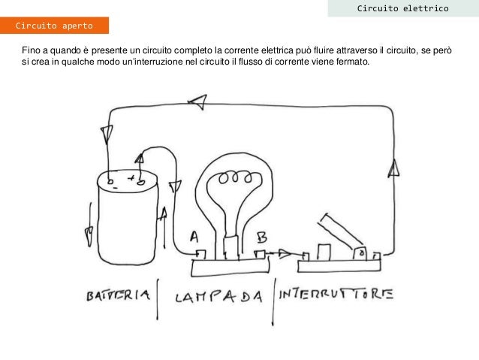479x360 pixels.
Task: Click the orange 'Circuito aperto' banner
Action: pyautogui.click(x=54, y=26)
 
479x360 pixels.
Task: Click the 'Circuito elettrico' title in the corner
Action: pyautogui.click(x=403, y=8)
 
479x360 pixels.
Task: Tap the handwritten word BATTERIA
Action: pyautogui.click(x=118, y=295)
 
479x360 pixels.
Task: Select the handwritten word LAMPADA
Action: pyautogui.click(x=218, y=297)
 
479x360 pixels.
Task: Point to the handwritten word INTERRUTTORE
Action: pyautogui.click(x=336, y=294)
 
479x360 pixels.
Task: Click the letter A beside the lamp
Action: pyautogui.click(x=194, y=237)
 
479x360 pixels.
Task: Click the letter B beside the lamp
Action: pyautogui.click(x=262, y=237)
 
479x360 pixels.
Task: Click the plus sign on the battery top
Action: pyautogui.click(x=131, y=177)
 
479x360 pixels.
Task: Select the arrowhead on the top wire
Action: pyautogui.click(x=197, y=102)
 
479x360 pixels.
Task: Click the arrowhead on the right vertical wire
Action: pyautogui.click(x=393, y=168)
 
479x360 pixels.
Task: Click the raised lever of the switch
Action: pyautogui.click(x=339, y=229)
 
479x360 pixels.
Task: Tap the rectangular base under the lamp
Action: pyautogui.click(x=230, y=268)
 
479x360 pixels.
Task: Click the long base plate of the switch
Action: pyautogui.click(x=339, y=266)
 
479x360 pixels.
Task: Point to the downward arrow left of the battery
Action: pyautogui.click(x=89, y=224)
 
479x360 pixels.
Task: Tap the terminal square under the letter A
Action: pyautogui.click(x=201, y=255)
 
